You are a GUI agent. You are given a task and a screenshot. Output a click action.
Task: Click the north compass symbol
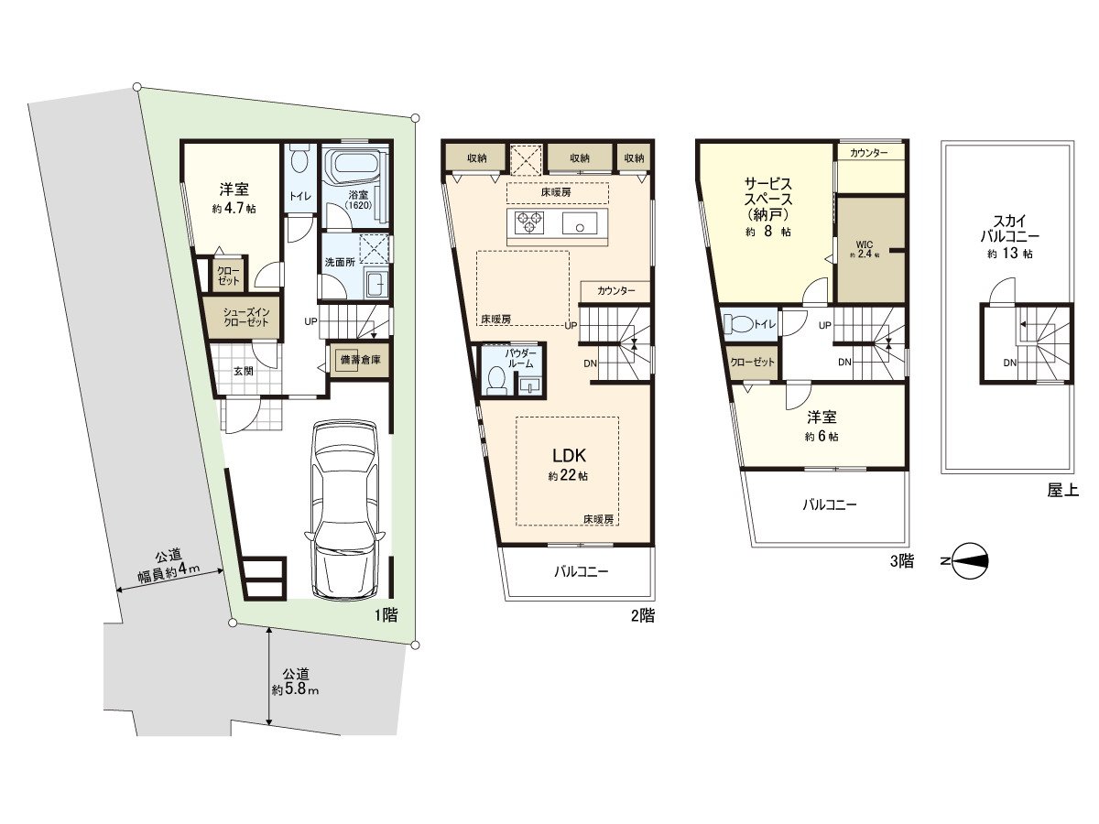pos(970,561)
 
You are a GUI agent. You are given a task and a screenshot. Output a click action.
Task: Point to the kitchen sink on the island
pos(580,223)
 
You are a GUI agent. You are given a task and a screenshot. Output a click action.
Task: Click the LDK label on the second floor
pos(569,455)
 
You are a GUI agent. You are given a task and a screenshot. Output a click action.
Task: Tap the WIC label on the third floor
pos(865,244)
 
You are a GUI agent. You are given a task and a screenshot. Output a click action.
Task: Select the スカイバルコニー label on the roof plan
pos(1009,228)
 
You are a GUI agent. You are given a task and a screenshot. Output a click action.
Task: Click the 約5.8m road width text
pos(295,690)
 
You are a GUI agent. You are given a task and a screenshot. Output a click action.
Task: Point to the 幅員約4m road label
pos(169,571)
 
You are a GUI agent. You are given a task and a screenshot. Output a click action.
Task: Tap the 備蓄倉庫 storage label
pos(361,359)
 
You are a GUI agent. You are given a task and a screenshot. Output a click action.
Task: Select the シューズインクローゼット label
pos(246,317)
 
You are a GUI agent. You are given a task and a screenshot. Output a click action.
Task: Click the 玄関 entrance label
pos(244,371)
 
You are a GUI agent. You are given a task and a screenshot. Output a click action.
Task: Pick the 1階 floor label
pos(386,615)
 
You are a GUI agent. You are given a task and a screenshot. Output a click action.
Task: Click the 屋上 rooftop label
pos(1063,491)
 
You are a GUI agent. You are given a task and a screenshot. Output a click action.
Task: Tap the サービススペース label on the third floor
pos(768,199)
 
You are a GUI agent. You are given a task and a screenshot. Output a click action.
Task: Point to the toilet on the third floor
pos(738,324)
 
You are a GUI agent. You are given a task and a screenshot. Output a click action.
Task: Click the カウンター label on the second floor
pos(615,290)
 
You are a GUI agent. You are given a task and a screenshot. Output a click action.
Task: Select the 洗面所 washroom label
pos(340,262)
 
